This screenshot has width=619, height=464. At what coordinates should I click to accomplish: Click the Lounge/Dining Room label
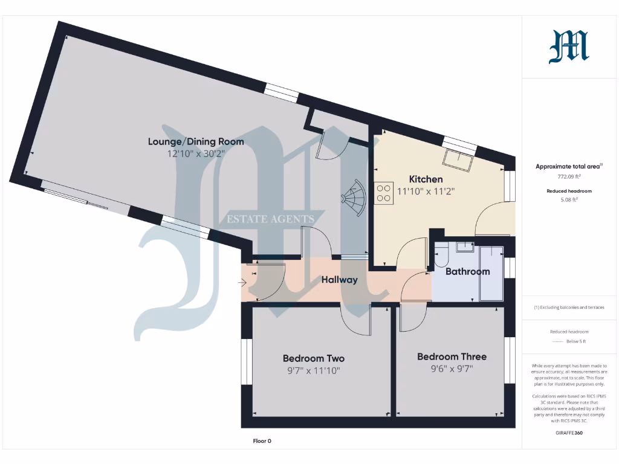pyautogui.click(x=196, y=142)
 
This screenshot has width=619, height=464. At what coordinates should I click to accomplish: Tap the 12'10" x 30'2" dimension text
pyautogui.click(x=196, y=153)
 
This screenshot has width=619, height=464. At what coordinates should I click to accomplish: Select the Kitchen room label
pyautogui.click(x=426, y=179)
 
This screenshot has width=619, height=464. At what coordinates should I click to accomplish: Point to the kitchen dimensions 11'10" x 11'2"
pyautogui.click(x=426, y=191)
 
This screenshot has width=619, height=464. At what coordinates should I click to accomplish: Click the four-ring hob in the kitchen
pyautogui.click(x=383, y=193)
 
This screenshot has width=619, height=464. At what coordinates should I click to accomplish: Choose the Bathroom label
pyautogui.click(x=467, y=272)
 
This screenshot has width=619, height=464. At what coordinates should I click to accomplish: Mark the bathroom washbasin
pyautogui.click(x=465, y=247)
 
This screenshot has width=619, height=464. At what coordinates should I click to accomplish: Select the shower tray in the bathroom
pyautogui.click(x=491, y=273)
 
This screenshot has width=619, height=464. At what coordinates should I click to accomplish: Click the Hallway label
pyautogui.click(x=339, y=280)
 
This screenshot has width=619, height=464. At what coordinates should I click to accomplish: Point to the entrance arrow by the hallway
pyautogui.click(x=243, y=282)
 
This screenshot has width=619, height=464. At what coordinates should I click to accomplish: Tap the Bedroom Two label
pyautogui.click(x=313, y=358)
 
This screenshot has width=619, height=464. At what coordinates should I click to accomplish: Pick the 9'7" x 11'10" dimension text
pyautogui.click(x=313, y=370)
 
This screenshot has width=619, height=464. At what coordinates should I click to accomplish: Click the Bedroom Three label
pyautogui.click(x=452, y=356)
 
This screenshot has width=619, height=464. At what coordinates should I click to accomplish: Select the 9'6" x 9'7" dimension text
pyautogui.click(x=452, y=368)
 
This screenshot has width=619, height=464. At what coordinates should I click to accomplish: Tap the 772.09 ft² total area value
pyautogui.click(x=568, y=177)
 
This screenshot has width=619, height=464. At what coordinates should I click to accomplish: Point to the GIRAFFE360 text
pyautogui.click(x=568, y=433)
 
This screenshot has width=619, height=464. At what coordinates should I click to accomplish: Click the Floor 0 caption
pyautogui.click(x=262, y=441)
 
